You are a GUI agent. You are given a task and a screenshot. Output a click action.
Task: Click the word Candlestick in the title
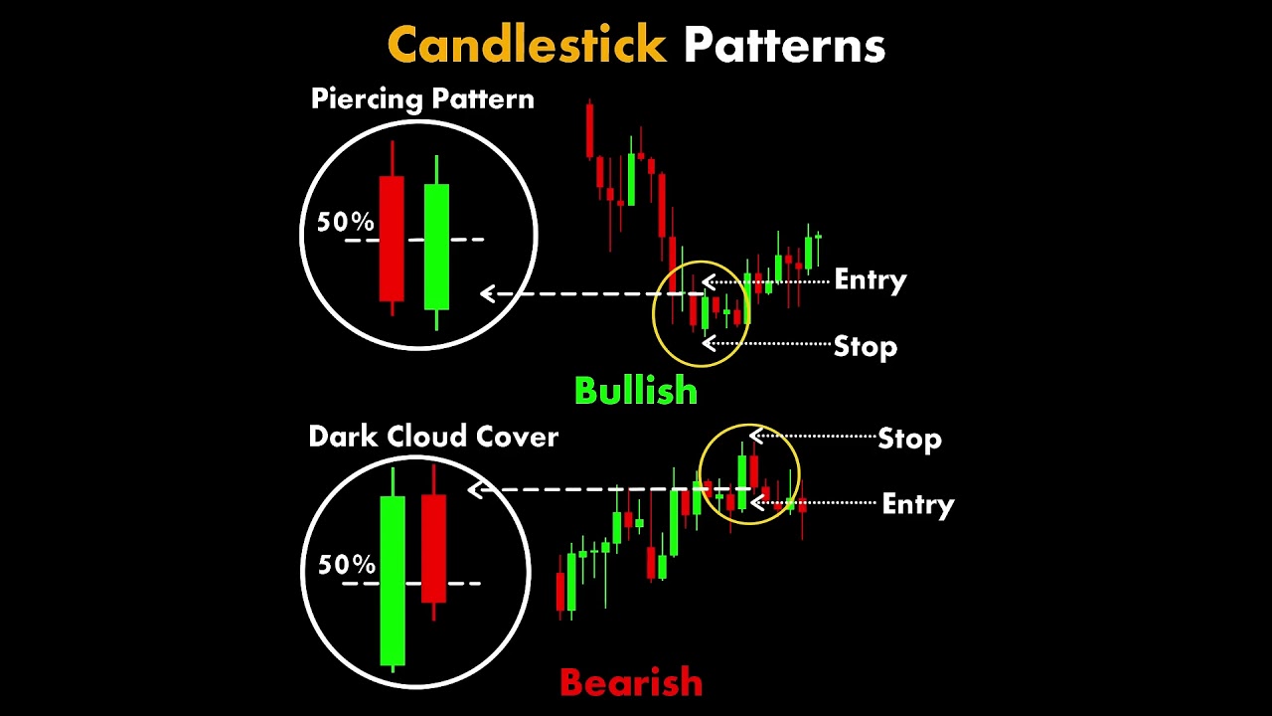point(527,45)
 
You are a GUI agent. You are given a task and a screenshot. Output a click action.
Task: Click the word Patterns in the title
point(784,45)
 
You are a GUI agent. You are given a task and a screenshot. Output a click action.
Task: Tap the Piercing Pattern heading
point(422,99)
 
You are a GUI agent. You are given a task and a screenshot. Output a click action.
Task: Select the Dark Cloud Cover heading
point(433,437)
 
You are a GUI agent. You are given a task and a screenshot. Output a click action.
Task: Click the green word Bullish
point(636,391)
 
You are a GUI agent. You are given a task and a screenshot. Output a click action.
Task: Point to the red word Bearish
point(631,682)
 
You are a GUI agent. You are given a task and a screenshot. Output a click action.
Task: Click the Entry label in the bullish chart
point(870,280)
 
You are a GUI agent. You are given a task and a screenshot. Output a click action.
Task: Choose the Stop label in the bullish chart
point(865,347)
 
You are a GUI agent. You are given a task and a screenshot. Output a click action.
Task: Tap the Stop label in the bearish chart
point(909,439)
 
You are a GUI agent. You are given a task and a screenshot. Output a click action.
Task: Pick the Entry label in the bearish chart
point(917,504)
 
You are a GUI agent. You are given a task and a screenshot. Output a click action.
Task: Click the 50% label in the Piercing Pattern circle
point(345,222)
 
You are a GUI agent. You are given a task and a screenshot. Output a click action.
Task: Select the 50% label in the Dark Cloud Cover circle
point(347,564)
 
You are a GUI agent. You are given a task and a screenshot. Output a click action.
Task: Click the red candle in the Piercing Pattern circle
point(392,229)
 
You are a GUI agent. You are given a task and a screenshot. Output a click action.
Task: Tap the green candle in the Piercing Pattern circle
point(436,243)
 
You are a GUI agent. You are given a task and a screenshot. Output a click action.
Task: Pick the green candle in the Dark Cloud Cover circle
point(393,570)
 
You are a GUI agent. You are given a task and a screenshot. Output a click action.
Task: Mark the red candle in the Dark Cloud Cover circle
point(434,543)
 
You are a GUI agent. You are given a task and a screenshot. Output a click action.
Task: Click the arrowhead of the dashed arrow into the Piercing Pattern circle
point(487,293)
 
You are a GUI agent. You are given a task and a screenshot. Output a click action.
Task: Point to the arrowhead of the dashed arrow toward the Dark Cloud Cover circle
point(475,489)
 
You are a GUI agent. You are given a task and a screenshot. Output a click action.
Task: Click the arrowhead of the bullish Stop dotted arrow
point(709,343)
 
